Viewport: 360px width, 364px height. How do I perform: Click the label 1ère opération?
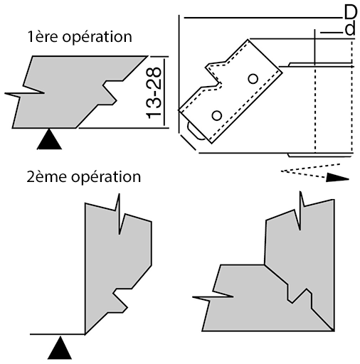point(80,37)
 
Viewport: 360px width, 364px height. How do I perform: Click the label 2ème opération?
point(84,177)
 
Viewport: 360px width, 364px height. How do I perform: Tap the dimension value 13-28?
point(154,93)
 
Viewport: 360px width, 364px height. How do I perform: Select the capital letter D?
point(351,12)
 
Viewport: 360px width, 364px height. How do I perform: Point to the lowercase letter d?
point(350,28)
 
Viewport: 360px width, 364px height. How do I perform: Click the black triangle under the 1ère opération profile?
point(49,139)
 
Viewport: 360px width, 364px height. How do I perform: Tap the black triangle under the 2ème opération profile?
point(60,348)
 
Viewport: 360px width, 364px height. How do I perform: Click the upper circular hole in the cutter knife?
point(253,78)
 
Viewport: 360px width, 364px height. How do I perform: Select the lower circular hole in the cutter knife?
point(216,115)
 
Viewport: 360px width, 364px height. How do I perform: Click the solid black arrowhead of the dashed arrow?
point(337,178)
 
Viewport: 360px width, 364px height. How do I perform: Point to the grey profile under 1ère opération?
point(71,92)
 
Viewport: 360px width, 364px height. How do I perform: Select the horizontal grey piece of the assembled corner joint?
point(249,308)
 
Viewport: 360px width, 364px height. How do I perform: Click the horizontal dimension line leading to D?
point(263,18)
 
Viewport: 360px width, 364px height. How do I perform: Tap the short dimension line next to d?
point(332,32)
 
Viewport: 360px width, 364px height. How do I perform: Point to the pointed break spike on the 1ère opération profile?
point(23,94)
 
